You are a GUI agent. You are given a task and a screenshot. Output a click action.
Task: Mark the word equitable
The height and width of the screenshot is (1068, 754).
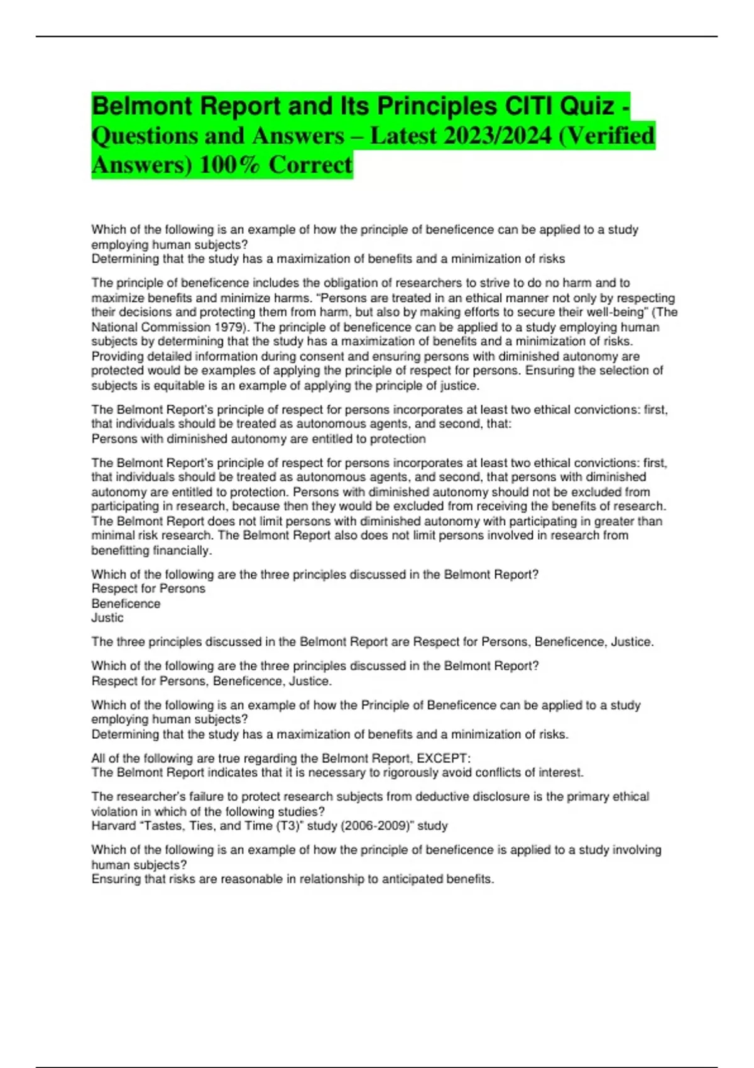pos(165,385)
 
